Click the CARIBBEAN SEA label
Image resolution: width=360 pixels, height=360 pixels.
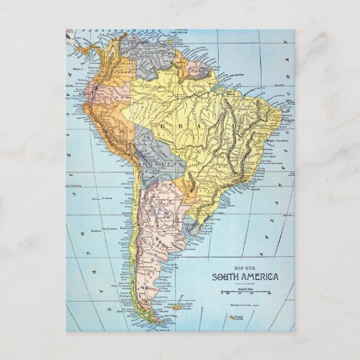click(109, 31)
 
